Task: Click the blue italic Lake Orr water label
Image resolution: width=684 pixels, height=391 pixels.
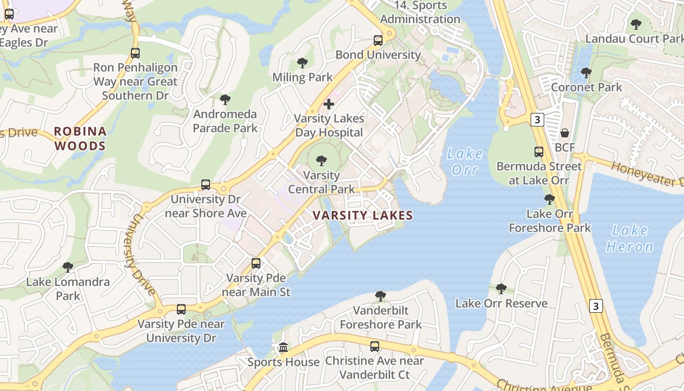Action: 464,162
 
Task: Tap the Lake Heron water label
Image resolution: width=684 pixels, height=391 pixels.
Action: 629,238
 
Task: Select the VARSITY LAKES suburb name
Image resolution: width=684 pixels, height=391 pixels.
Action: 363,215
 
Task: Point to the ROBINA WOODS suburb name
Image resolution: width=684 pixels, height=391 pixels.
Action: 80,138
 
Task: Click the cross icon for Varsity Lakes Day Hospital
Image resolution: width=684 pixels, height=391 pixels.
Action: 329,104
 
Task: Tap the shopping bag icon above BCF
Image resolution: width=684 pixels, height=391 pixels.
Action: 565,133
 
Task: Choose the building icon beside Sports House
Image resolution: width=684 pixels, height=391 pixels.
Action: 283,348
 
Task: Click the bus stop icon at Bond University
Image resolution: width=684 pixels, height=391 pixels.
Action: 378,41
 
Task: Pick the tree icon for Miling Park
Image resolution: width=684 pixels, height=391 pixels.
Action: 302,63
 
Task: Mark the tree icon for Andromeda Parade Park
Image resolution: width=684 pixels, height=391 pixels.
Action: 225,100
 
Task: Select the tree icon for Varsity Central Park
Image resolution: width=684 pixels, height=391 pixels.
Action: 321,161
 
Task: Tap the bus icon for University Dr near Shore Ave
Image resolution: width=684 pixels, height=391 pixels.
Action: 206,185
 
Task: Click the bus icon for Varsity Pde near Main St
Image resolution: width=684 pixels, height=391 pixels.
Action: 256,263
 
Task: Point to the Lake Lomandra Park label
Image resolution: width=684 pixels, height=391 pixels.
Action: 68,289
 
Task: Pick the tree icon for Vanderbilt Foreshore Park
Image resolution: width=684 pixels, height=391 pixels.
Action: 381,296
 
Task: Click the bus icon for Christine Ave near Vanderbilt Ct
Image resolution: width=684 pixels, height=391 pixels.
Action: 375,347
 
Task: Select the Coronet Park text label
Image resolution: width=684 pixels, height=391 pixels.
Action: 586,87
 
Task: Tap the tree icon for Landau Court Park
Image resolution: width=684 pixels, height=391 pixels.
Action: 636,24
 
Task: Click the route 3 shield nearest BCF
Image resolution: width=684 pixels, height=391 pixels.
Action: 537,119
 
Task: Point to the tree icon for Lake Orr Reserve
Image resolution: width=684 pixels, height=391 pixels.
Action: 501,289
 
